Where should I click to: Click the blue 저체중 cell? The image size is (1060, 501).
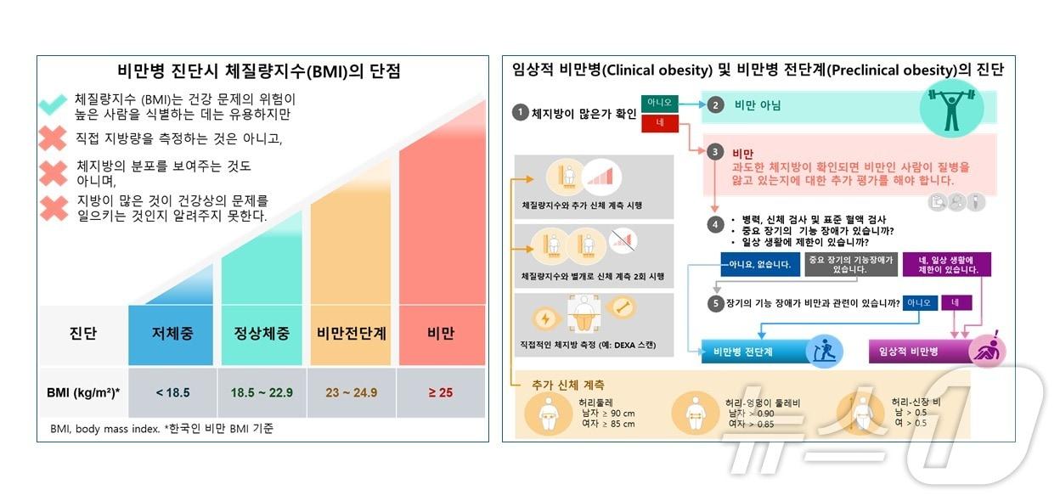click(x=172, y=334)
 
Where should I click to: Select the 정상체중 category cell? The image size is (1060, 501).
click(x=262, y=334)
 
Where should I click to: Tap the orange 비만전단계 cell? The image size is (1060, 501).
click(x=352, y=334)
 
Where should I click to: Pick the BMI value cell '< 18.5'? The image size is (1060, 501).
click(x=172, y=392)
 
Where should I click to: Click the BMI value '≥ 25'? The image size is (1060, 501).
click(x=441, y=392)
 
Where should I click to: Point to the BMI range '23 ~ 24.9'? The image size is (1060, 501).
click(x=352, y=392)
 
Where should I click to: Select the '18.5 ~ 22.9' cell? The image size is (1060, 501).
click(x=262, y=392)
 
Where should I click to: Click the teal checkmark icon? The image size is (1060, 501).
click(x=54, y=104)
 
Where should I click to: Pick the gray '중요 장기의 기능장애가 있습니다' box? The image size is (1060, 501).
click(x=850, y=264)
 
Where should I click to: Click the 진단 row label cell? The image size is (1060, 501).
click(x=82, y=334)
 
